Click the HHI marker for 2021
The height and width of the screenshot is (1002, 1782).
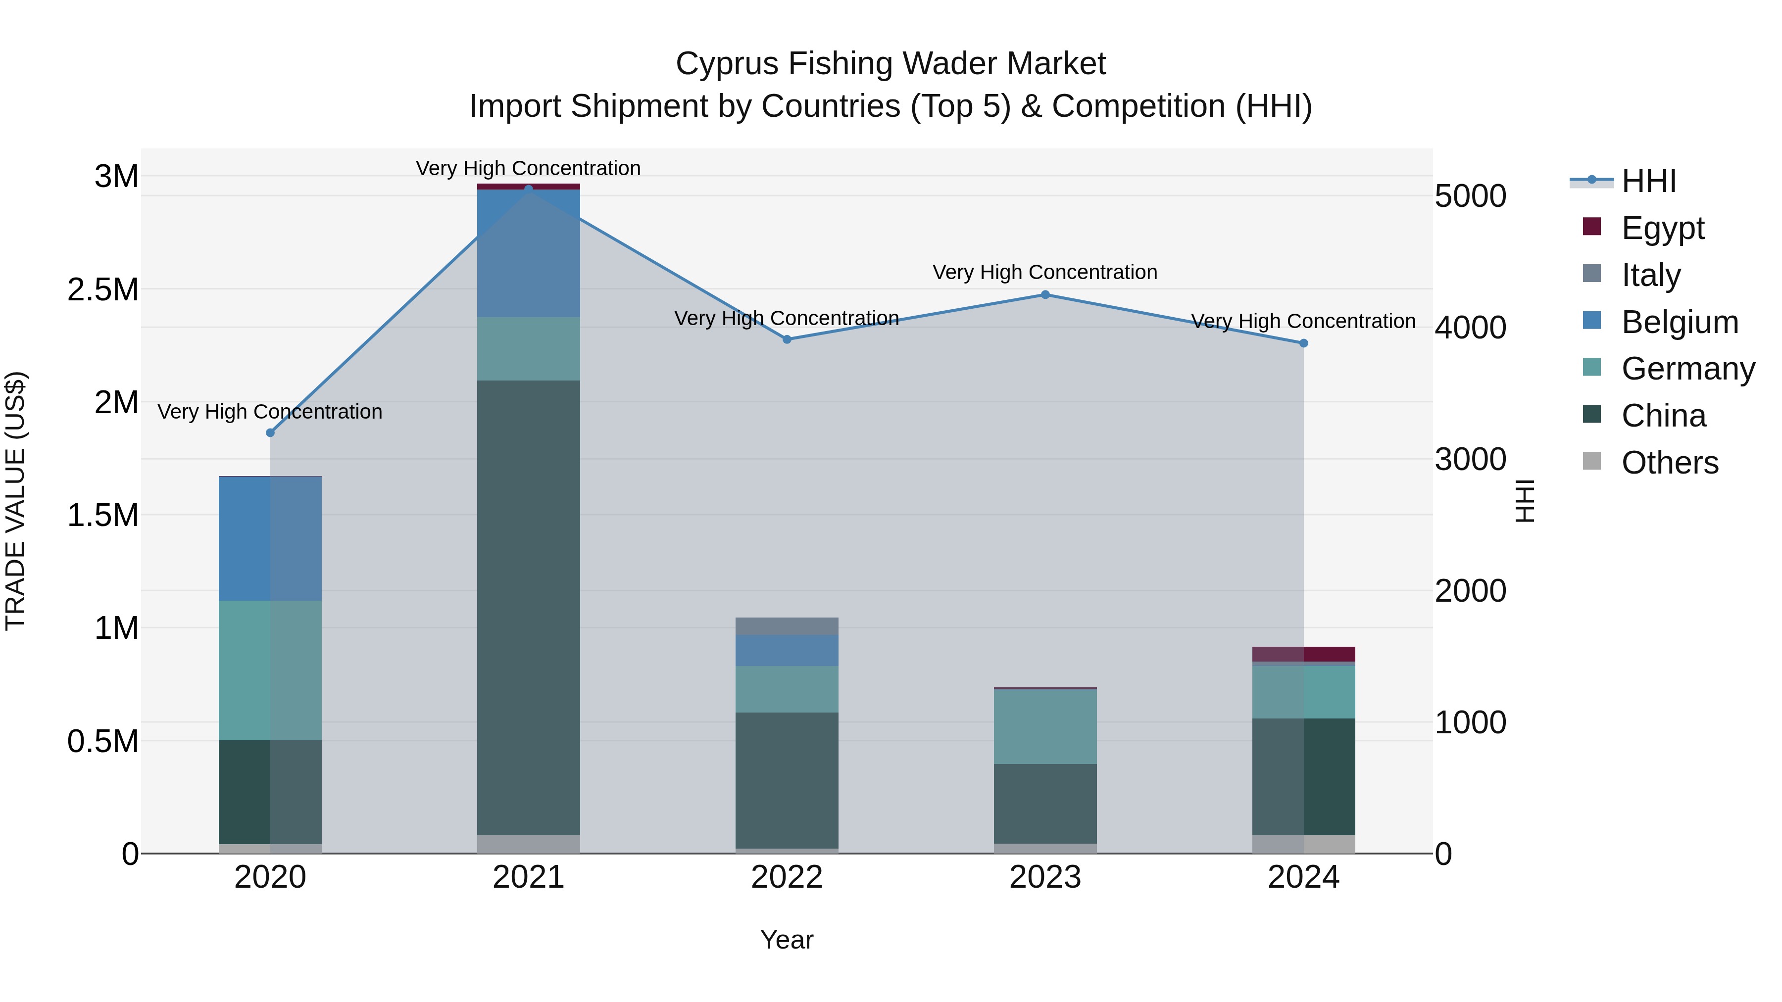click(x=529, y=189)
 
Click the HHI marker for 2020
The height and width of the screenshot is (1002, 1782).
click(x=270, y=433)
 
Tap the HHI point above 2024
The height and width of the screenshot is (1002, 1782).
click(x=1303, y=343)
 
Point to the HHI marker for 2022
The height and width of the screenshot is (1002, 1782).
click(x=787, y=339)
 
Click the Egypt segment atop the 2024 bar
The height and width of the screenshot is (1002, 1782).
click(x=1303, y=654)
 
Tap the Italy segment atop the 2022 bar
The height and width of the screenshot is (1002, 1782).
click(x=787, y=626)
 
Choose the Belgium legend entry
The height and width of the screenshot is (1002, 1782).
click(x=1679, y=322)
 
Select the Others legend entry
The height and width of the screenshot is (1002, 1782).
click(x=1669, y=462)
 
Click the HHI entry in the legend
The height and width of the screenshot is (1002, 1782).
click(x=1648, y=181)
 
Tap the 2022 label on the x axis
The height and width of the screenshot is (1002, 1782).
click(x=787, y=877)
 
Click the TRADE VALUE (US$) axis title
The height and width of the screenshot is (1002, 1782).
click(x=16, y=501)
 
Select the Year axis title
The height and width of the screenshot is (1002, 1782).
click(x=787, y=940)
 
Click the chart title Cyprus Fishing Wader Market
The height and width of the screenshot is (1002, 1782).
click(x=891, y=64)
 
